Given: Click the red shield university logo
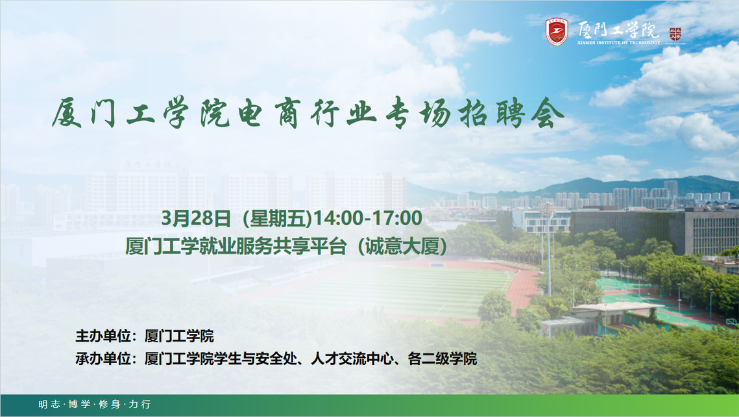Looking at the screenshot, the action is coord(557,32).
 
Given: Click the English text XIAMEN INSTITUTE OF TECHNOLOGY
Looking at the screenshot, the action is coord(619,42).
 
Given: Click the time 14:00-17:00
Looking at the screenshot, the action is coord(368,218).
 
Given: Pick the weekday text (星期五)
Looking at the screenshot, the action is coord(278,218).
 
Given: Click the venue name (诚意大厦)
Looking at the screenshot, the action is coord(402,246).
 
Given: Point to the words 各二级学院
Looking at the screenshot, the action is coord(442,359).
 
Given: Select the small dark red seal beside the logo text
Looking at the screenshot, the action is coord(675,34).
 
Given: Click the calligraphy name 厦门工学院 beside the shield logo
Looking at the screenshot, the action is coord(618,29).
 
